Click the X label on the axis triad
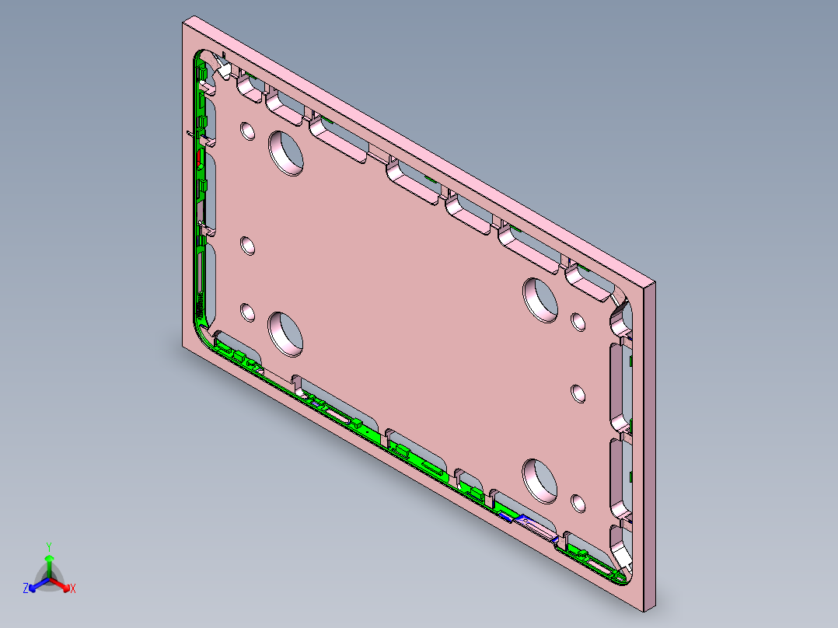coord(73,589)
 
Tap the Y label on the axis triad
coord(48,546)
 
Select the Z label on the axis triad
coord(26,588)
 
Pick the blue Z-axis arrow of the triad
coord(35,585)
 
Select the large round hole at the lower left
coord(286,333)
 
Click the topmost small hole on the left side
coord(247,130)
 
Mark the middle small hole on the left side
coord(247,246)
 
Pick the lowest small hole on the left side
coord(247,312)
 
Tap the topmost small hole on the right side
coord(578,321)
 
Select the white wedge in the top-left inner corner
coord(223,70)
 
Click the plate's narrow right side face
coord(650,443)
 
